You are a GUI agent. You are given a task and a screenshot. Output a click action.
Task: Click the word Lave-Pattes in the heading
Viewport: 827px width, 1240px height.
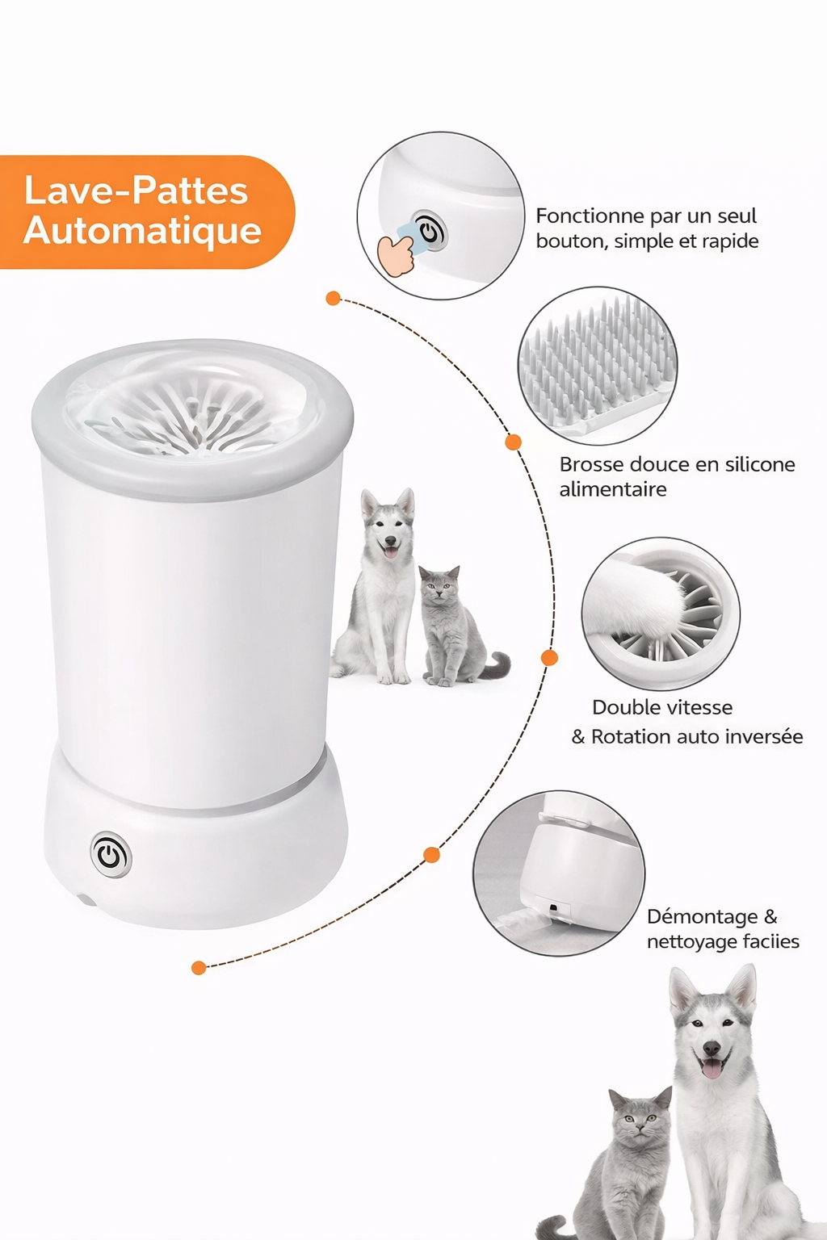pyautogui.click(x=136, y=191)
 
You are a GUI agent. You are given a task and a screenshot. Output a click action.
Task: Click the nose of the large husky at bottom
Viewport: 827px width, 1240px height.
pyautogui.click(x=712, y=1048)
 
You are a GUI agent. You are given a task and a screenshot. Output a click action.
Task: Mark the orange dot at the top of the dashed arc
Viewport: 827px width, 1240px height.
pyautogui.click(x=333, y=299)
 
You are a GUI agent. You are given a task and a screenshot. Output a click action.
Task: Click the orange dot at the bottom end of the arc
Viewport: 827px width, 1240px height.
pyautogui.click(x=199, y=968)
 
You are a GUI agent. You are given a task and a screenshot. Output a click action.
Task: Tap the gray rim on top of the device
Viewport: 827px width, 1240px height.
pyautogui.click(x=191, y=421)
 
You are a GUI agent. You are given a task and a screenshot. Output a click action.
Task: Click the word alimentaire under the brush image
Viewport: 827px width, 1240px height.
pyautogui.click(x=613, y=489)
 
